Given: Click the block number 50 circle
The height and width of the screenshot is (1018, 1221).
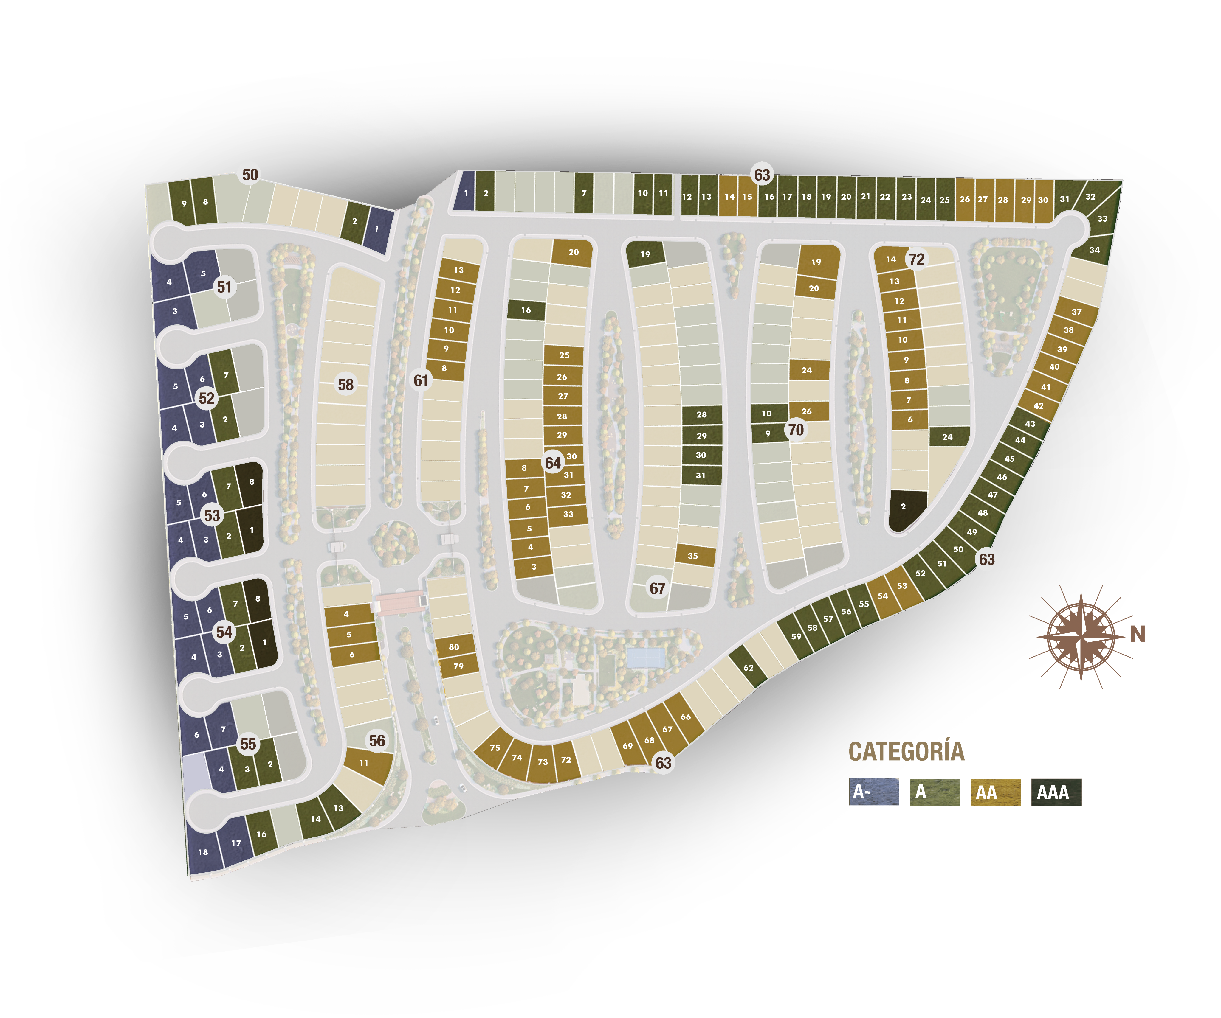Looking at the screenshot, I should click(250, 174).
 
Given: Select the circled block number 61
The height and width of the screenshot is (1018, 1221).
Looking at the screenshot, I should click(421, 380).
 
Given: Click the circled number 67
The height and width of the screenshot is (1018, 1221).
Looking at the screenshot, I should click(657, 589).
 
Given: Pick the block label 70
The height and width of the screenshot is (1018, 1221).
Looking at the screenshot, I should click(795, 430).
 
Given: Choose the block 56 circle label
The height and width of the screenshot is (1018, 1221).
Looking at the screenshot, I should click(377, 741).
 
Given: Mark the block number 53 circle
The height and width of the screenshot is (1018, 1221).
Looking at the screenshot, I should click(212, 515).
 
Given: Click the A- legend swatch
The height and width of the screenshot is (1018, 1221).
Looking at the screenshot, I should click(874, 792).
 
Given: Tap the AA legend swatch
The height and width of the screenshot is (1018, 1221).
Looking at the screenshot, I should click(995, 792).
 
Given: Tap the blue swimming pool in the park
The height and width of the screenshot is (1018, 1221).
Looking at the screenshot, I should click(645, 658).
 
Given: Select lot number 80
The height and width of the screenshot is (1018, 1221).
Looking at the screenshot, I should click(454, 647).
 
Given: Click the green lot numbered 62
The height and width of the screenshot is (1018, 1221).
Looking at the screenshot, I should click(748, 668).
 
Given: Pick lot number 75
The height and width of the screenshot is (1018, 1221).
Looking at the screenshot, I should click(495, 748).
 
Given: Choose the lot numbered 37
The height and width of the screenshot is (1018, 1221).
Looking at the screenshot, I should click(1076, 312).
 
